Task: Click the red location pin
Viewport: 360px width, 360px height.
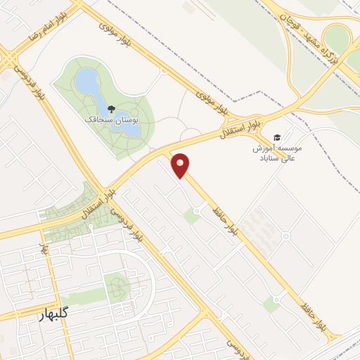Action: [182, 165]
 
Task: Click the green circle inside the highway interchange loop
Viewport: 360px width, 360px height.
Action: [337, 39]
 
